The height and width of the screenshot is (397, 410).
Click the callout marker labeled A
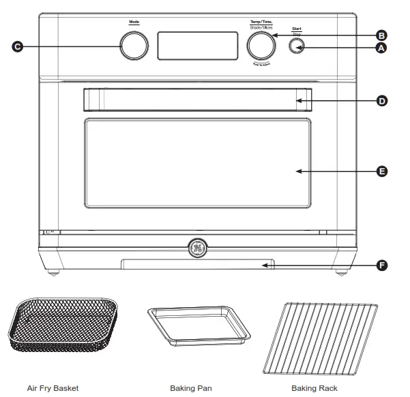click(381, 47)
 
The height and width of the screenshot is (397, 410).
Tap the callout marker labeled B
click(381, 35)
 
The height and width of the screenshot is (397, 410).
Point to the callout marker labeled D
click(381, 100)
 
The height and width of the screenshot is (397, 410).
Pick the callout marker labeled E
click(381, 171)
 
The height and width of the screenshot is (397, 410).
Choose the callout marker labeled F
click(381, 265)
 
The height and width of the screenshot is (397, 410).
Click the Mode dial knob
click(134, 46)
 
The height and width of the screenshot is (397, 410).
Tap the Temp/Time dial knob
click(261, 46)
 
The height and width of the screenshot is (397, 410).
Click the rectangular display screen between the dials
click(197, 46)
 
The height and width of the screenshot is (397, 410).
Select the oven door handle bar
click(198, 100)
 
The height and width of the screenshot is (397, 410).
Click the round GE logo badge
click(198, 248)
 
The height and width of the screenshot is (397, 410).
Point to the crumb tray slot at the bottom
click(198, 265)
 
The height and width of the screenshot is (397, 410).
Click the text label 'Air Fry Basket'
click(53, 388)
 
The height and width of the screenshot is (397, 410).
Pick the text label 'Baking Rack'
click(314, 388)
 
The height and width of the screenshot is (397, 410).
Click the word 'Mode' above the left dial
click(134, 22)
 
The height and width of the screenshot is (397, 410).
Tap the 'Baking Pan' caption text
click(190, 388)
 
